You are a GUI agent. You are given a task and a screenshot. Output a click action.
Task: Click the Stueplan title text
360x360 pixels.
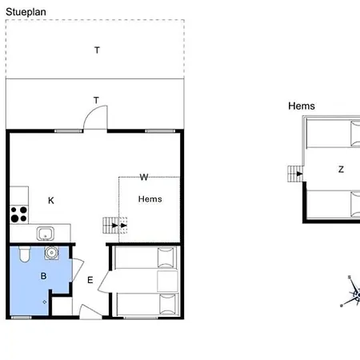[x=26, y=12]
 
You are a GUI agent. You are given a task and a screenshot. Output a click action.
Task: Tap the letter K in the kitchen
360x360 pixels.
[x=51, y=200]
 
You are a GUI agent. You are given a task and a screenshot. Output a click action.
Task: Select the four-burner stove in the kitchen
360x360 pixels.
[x=19, y=214]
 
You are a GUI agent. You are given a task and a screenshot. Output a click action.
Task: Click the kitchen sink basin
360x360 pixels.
[x=46, y=234]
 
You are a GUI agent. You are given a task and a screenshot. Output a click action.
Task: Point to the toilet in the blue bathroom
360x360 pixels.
[x=25, y=254]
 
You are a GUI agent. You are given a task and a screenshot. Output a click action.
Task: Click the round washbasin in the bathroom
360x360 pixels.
[x=51, y=253]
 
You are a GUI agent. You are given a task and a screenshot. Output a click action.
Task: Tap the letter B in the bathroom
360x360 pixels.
[x=43, y=276]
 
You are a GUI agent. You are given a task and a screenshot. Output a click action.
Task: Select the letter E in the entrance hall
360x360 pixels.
[x=90, y=280]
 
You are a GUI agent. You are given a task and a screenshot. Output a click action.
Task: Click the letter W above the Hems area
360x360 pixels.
[x=144, y=177]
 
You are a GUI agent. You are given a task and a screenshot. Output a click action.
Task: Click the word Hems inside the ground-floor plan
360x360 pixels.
[x=150, y=199]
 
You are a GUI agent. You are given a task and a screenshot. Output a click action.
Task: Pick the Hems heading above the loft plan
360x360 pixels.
[x=302, y=106]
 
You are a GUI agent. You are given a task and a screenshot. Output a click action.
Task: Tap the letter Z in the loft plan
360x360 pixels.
[x=341, y=170]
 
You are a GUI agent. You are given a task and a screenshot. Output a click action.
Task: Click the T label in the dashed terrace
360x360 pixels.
[x=97, y=50]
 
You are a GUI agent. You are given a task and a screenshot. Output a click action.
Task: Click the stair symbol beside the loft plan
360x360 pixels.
[x=295, y=174]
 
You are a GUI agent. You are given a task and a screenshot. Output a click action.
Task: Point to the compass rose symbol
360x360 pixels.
[x=352, y=292]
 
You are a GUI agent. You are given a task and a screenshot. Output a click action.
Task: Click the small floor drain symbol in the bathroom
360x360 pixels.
[x=45, y=302]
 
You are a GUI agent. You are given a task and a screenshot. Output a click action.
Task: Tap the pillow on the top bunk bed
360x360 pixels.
[x=166, y=258]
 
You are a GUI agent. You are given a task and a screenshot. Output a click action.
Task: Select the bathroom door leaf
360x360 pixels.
[x=78, y=270]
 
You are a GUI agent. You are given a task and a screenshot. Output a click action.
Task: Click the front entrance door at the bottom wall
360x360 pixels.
[x=90, y=311]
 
